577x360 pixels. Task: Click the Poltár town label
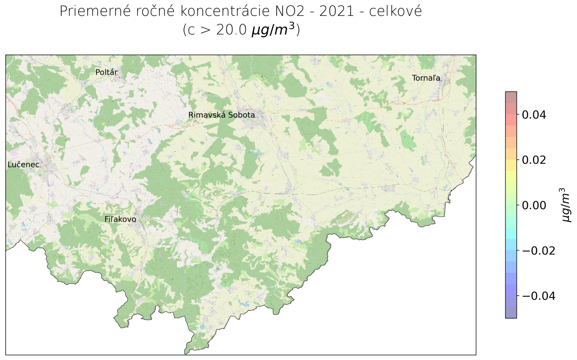[106, 73]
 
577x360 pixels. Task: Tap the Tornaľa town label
[426, 78]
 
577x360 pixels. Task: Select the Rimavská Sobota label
[221, 115]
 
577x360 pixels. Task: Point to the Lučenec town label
[23, 165]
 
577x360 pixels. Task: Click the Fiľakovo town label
[120, 219]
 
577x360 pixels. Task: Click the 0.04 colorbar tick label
[534, 115]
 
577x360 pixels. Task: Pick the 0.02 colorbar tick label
[534, 160]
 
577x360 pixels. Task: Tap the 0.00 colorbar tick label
[534, 205]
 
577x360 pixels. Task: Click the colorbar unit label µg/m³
[566, 205]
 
